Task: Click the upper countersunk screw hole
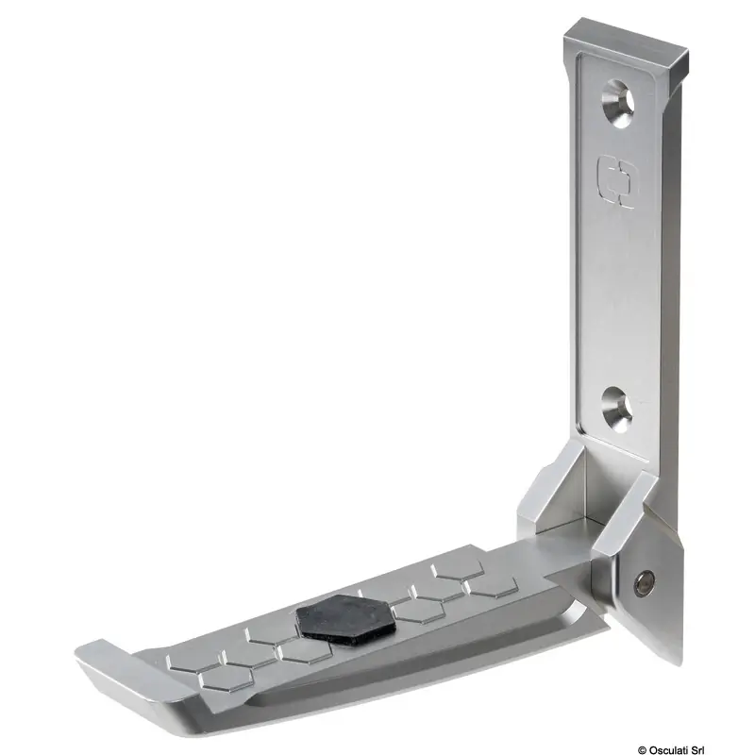(618, 104)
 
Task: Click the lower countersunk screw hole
(618, 410)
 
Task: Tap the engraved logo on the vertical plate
(616, 182)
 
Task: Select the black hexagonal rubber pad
(345, 620)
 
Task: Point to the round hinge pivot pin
(644, 584)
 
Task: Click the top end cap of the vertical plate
(627, 47)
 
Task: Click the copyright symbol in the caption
(642, 749)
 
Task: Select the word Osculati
(668, 749)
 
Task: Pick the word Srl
(697, 749)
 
